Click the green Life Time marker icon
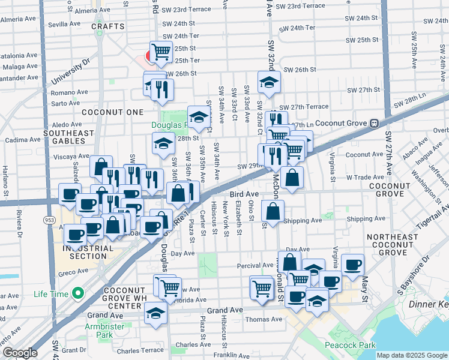tap(76, 293)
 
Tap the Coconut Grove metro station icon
tap(373, 122)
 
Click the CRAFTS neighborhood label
tap(108, 26)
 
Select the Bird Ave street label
tap(244, 195)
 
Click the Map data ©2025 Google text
tap(412, 355)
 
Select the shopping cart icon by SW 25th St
tap(161, 53)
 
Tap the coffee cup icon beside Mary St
tap(352, 264)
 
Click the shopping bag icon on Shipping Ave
tap(273, 212)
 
